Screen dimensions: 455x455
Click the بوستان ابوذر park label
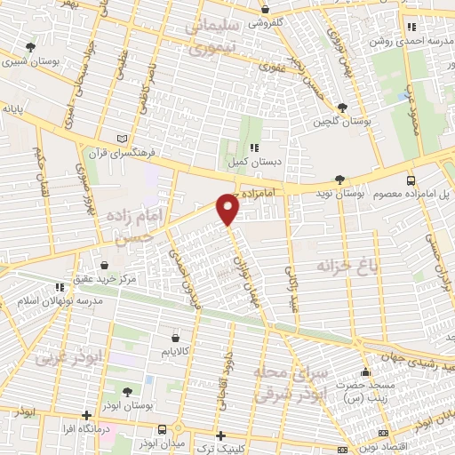128,404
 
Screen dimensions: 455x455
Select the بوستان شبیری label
33,62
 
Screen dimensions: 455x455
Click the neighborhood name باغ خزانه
343,265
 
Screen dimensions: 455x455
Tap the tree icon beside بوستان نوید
341,180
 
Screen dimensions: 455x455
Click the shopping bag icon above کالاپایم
175,339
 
